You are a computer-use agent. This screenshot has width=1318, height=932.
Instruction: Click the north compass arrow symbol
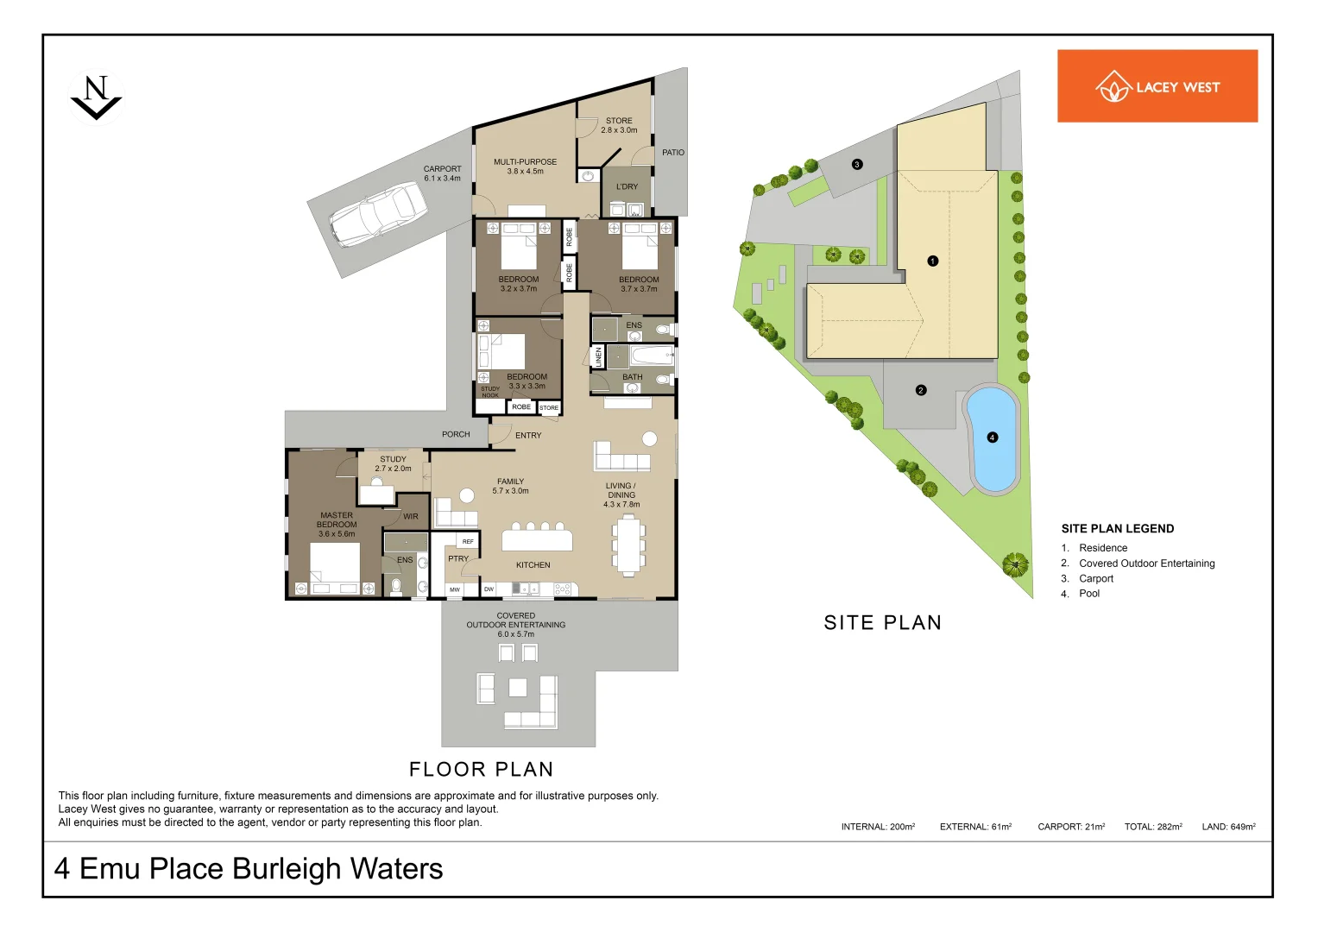click(x=96, y=98)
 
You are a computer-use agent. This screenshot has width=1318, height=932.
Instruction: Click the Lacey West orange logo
click(x=1157, y=86)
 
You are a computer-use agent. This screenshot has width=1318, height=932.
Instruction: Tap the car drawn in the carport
click(x=378, y=214)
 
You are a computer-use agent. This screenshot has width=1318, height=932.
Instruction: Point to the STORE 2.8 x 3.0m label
click(x=619, y=126)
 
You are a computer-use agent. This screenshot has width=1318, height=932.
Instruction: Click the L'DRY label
click(x=627, y=186)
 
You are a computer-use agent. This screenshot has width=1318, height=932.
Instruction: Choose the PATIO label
click(x=673, y=153)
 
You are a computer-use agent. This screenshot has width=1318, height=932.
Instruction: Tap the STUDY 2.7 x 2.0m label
click(x=393, y=464)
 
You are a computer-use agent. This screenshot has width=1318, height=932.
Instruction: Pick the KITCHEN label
click(x=533, y=565)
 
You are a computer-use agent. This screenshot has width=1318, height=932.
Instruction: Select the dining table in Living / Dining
click(x=629, y=545)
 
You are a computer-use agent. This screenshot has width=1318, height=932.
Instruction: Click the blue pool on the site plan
click(x=993, y=438)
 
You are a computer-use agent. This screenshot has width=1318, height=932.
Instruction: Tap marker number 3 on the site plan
click(x=857, y=164)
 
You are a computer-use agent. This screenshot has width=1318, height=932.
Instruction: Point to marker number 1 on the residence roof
click(x=932, y=261)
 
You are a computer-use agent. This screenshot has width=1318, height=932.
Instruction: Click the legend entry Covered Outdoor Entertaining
click(x=1146, y=564)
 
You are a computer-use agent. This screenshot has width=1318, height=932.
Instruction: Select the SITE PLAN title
click(x=882, y=623)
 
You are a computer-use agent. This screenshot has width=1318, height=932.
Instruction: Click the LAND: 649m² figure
click(x=1228, y=827)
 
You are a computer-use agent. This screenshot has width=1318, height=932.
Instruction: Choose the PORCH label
click(x=456, y=435)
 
